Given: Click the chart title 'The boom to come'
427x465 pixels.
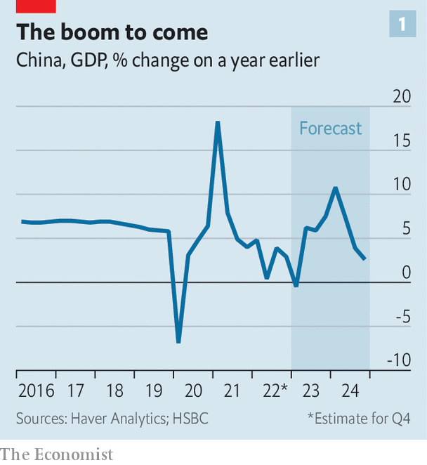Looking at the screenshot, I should [x=112, y=32].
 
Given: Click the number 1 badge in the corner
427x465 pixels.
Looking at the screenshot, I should [x=402, y=25].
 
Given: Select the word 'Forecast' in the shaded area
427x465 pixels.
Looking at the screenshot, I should [x=330, y=129].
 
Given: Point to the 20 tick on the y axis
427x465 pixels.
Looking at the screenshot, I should [x=402, y=97].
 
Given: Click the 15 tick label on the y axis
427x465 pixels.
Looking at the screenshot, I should [x=402, y=141].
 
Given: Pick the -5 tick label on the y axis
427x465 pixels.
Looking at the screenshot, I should [x=402, y=317].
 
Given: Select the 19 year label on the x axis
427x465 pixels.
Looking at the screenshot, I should [x=154, y=391].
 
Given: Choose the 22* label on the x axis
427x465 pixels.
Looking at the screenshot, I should [x=275, y=391].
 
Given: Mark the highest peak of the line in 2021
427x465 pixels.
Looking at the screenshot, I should [x=218, y=123].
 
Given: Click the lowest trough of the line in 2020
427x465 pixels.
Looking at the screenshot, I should [x=178, y=341].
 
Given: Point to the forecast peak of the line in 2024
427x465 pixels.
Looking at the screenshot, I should [x=336, y=188].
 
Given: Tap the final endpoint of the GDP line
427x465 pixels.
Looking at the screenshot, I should [x=364, y=259].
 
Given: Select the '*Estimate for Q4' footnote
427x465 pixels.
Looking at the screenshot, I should [x=358, y=418].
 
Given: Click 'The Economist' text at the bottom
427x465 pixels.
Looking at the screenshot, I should [x=57, y=454].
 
